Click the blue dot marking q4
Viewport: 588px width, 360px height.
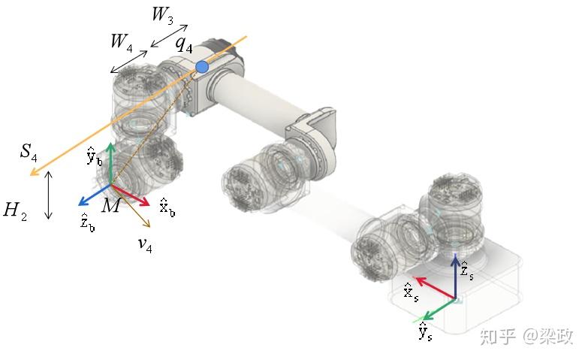(202, 67)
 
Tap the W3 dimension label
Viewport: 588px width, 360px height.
(163, 14)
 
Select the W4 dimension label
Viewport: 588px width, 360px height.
(121, 42)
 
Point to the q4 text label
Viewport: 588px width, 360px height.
(184, 45)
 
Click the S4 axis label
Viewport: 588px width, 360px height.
(29, 152)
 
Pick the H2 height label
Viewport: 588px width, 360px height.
(15, 211)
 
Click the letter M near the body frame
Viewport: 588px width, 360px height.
(111, 205)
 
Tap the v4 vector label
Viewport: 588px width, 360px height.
(145, 245)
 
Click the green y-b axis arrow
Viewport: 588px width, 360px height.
(110, 164)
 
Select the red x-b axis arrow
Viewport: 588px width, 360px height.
(130, 195)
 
